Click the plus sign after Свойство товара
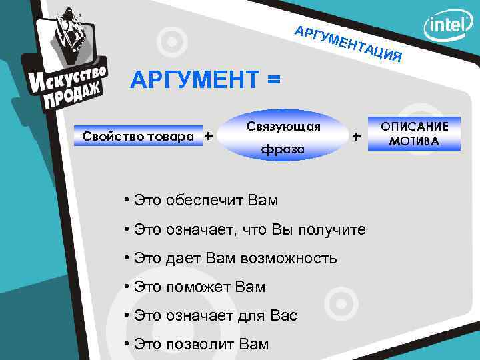coord(209,135)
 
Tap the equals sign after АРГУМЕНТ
coord(273,81)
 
